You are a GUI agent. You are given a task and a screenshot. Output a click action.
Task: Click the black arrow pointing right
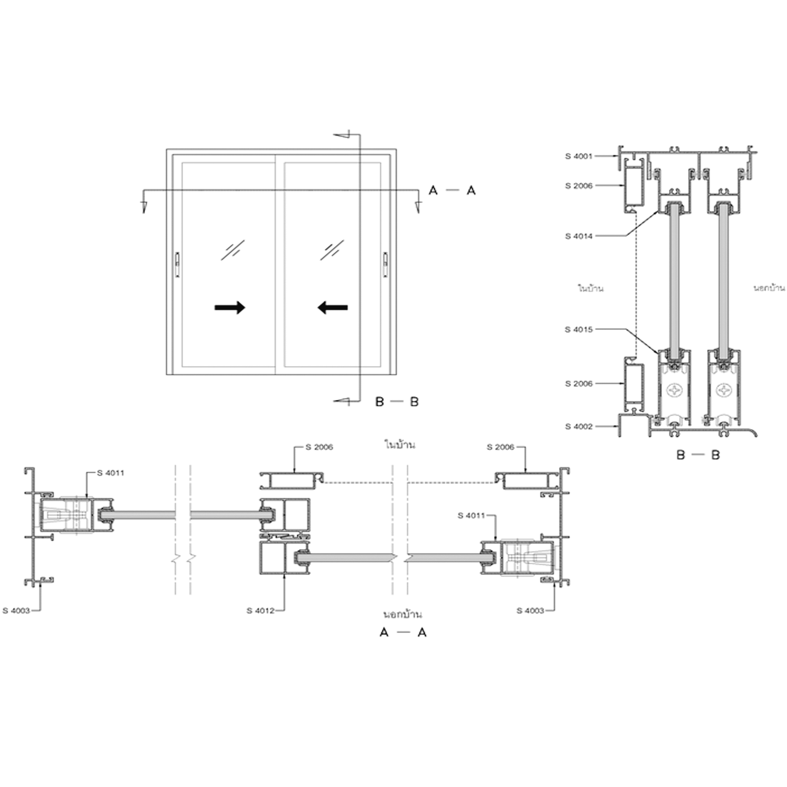pyautogui.click(x=230, y=308)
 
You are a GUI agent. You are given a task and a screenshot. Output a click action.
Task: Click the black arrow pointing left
pyautogui.click(x=332, y=308)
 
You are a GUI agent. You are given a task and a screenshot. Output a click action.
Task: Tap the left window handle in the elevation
pyautogui.click(x=177, y=265)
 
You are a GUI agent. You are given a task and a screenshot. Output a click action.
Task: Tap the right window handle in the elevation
pyautogui.click(x=385, y=265)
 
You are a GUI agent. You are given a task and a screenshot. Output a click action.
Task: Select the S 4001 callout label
pyautogui.click(x=579, y=156)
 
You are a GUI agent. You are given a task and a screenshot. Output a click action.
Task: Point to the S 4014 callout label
pyautogui.click(x=579, y=236)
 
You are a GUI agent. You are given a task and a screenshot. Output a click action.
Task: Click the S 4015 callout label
pyautogui.click(x=579, y=330)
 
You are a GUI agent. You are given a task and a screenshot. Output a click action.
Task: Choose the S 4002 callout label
pyautogui.click(x=579, y=427)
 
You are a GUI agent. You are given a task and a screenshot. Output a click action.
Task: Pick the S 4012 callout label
pyautogui.click(x=260, y=611)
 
